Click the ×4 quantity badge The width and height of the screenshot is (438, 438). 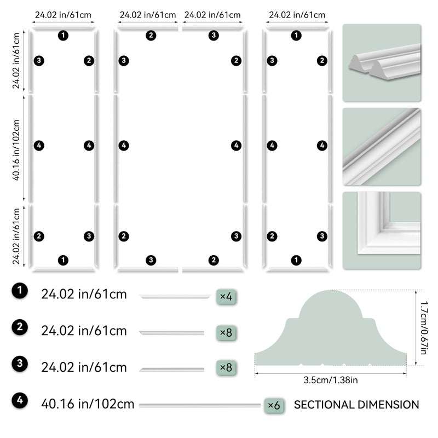click(226, 296)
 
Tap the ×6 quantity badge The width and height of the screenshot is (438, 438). click(274, 405)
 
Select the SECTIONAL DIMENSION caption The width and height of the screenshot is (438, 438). click(356, 405)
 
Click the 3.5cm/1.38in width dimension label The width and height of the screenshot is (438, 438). click(331, 380)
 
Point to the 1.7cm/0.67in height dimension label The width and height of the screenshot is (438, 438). click(424, 327)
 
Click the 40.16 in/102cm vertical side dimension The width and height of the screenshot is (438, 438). click(16, 149)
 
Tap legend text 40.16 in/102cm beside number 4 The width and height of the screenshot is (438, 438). click(88, 404)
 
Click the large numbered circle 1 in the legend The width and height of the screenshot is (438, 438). click(20, 291)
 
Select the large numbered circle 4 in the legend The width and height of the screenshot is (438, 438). click(20, 400)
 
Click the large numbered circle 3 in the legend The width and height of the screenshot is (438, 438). click(20, 364)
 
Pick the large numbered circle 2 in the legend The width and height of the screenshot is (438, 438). click(20, 327)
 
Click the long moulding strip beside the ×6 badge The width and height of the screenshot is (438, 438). click(200, 405)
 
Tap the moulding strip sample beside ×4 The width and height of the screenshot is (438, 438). click(175, 297)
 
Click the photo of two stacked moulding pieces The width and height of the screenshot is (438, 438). click(382, 63)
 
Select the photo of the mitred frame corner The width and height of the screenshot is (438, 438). click(382, 230)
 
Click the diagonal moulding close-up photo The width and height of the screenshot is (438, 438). click(382, 147)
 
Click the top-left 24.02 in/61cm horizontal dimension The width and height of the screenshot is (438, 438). click(63, 15)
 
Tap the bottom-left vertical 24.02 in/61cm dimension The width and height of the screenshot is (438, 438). click(16, 237)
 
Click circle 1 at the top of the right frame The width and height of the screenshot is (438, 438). click(296, 36)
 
